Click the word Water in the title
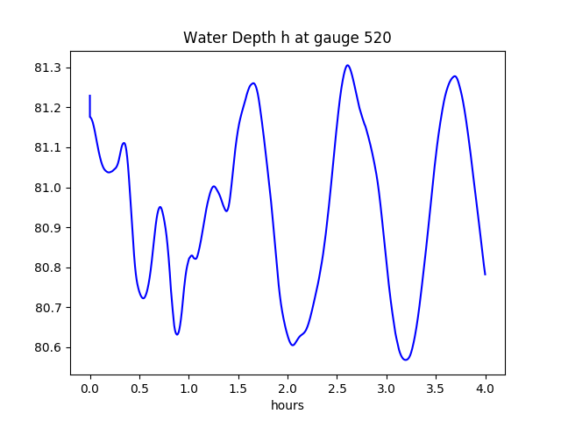tap(202, 39)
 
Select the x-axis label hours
tap(288, 406)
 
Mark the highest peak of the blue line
tap(348, 65)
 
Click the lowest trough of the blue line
tap(406, 360)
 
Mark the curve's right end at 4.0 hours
tap(485, 275)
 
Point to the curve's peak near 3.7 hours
tap(454, 76)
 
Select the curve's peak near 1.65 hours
tap(253, 83)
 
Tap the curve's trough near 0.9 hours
tap(177, 334)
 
